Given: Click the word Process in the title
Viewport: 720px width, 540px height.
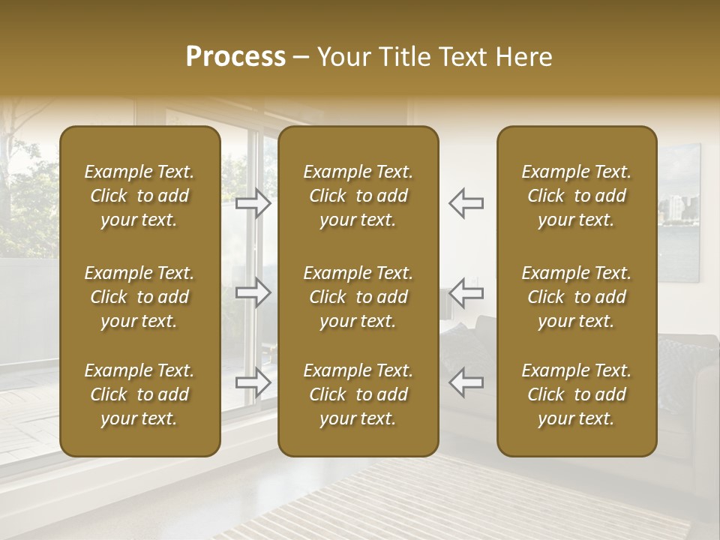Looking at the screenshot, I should tap(235, 57).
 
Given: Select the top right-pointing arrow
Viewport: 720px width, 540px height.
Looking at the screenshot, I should tap(253, 202).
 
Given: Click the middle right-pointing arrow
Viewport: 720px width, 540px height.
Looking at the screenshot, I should tap(253, 292).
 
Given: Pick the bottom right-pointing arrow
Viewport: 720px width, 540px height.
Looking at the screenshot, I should tap(253, 382).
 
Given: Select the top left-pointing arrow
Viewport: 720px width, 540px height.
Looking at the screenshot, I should tap(466, 202).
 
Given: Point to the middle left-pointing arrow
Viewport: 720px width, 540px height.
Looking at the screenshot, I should tap(466, 292).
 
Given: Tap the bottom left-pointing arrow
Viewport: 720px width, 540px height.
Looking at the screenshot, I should tap(466, 382).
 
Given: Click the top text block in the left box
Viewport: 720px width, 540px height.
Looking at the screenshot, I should tap(139, 196).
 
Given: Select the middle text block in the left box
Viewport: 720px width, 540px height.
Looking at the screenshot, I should tap(139, 297).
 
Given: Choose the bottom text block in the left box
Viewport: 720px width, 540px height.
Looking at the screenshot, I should tap(139, 394).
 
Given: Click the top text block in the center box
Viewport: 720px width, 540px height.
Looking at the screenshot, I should tap(358, 196).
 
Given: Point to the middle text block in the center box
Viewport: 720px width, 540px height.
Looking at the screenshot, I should tap(358, 297).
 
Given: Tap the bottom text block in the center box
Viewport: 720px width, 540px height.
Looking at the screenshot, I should tap(358, 394).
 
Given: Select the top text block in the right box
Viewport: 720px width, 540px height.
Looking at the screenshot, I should tap(577, 196).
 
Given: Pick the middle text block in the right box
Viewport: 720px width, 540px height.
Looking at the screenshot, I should tap(577, 297).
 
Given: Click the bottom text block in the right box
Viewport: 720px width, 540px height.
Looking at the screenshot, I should tap(577, 394).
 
